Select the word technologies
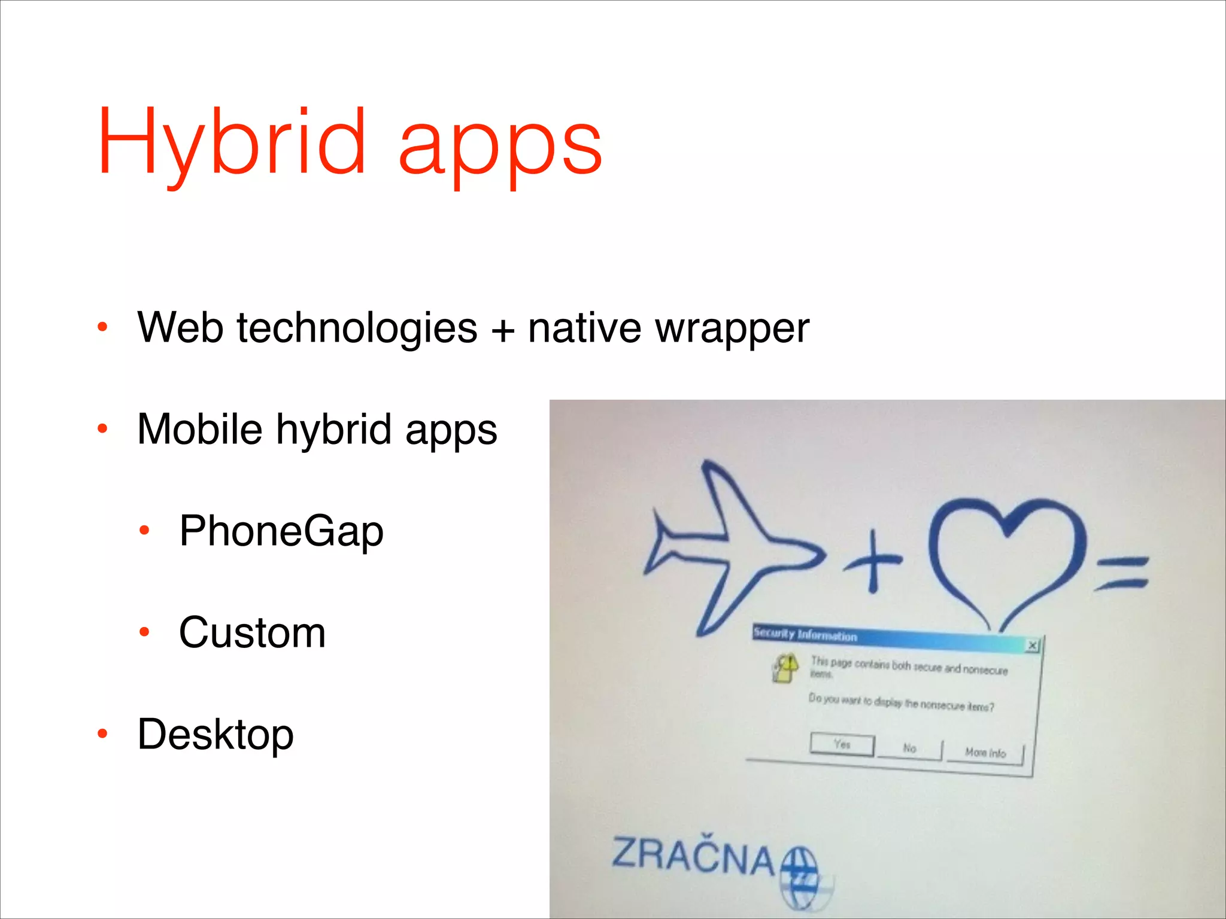tap(357, 328)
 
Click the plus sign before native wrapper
tap(503, 331)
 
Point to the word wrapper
tap(732, 330)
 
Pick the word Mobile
tap(199, 429)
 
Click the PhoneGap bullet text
tap(281, 531)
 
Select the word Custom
tap(252, 632)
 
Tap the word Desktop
tap(216, 734)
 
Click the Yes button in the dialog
tap(842, 745)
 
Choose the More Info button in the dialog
tap(985, 753)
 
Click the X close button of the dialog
tap(1033, 646)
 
